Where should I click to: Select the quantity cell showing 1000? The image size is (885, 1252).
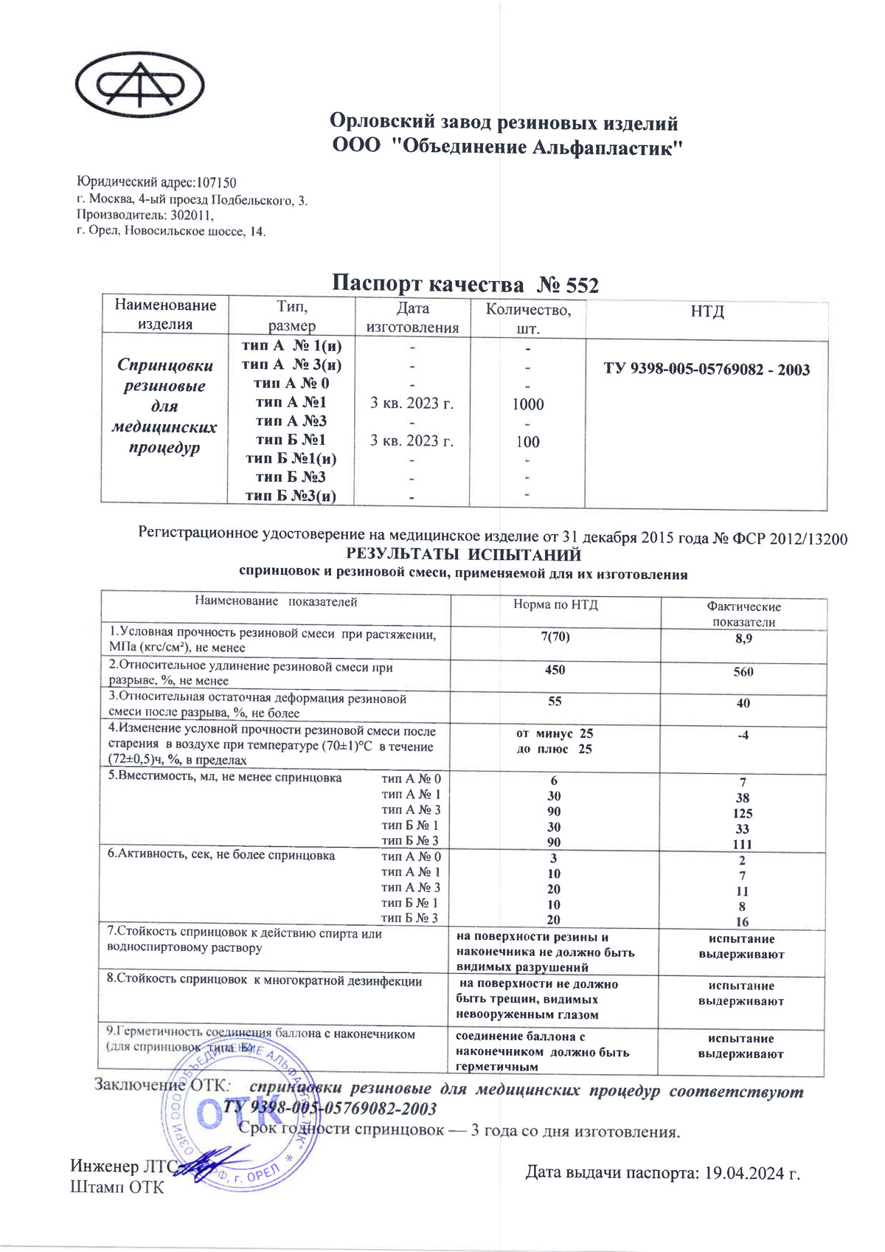click(x=528, y=404)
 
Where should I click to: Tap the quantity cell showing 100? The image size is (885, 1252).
click(x=528, y=442)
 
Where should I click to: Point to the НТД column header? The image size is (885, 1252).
click(x=707, y=311)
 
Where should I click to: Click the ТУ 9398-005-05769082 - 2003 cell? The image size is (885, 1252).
click(x=707, y=370)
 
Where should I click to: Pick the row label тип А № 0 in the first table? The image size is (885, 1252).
click(x=291, y=383)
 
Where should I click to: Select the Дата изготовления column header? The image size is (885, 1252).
click(x=412, y=318)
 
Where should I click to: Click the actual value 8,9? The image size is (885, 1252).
click(x=743, y=638)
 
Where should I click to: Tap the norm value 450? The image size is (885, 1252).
click(x=555, y=670)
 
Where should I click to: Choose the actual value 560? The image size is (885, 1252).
click(x=743, y=671)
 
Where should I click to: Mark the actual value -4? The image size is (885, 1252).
click(x=743, y=735)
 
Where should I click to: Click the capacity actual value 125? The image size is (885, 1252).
click(x=743, y=813)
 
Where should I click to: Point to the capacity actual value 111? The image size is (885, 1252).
click(x=743, y=844)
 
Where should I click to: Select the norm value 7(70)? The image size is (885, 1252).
click(x=555, y=637)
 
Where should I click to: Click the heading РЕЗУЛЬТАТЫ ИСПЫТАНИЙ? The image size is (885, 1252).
click(x=464, y=555)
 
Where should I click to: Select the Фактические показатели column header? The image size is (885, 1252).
click(x=743, y=614)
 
